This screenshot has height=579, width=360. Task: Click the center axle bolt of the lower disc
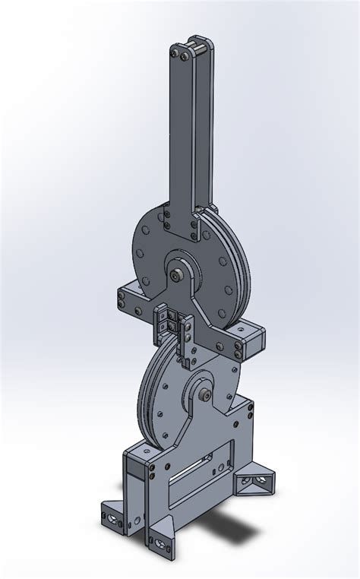207,394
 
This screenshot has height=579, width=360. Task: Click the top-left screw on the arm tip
174,52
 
